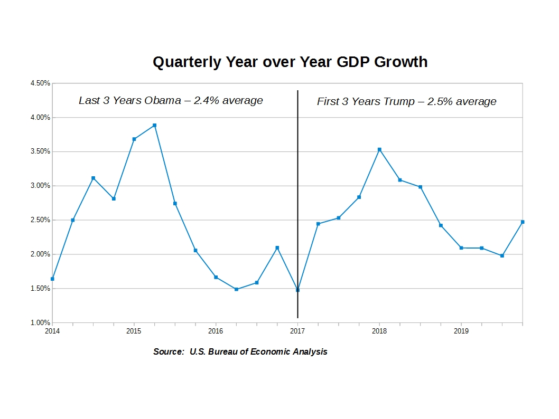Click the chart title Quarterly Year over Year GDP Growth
click(x=290, y=62)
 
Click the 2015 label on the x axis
click(x=134, y=331)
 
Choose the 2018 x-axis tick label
click(x=379, y=331)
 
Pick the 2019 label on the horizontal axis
click(x=461, y=331)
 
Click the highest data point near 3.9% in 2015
click(x=154, y=126)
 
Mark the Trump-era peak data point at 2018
click(x=379, y=150)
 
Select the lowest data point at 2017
click(x=297, y=290)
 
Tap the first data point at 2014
click(x=52, y=279)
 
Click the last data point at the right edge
click(x=523, y=222)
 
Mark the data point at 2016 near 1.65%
click(x=216, y=277)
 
